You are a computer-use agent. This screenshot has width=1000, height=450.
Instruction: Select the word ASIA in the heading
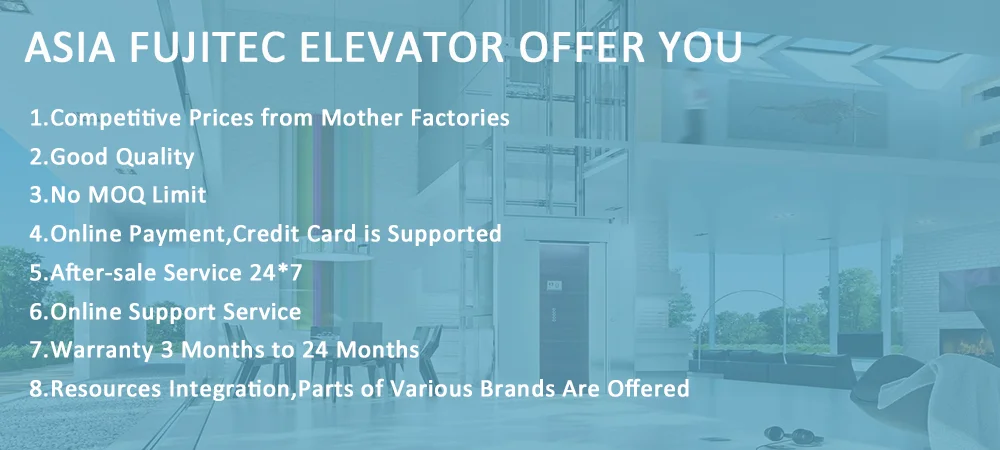click(x=70, y=47)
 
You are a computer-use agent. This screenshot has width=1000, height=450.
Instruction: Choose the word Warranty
click(x=102, y=350)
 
